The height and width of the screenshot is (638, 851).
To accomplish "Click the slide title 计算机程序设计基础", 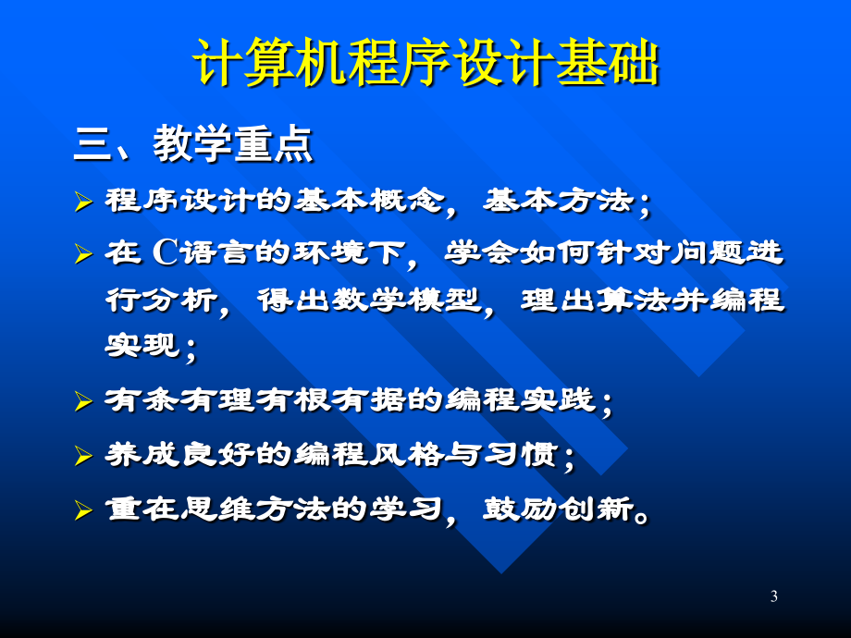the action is point(426,62).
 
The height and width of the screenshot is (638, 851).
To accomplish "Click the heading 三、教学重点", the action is point(193,143).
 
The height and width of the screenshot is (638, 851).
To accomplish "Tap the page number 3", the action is point(774,596).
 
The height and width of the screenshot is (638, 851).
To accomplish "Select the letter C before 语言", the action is point(166,252).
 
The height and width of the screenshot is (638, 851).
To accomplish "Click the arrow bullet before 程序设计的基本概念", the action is point(83,202).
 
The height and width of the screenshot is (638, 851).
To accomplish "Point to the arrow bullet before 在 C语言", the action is point(83,254).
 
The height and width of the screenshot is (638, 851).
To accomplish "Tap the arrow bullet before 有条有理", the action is point(83,401).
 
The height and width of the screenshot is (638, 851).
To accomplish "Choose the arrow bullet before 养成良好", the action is point(83,456).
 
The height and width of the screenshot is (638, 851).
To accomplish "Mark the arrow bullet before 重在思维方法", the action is point(83,510).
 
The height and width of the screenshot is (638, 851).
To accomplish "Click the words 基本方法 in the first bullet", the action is point(559,201).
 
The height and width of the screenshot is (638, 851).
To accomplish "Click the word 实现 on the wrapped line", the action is point(142,345).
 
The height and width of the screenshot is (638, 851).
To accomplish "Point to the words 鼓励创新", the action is point(559,509).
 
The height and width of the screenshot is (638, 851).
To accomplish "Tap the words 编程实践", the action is point(521,399).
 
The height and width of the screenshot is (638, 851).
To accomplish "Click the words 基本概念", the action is point(369,201).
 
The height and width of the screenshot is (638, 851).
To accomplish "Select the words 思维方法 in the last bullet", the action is point(255,509).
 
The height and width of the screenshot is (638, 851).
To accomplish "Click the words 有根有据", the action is point(331,399).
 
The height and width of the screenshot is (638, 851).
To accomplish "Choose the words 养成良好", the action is point(180,454).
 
